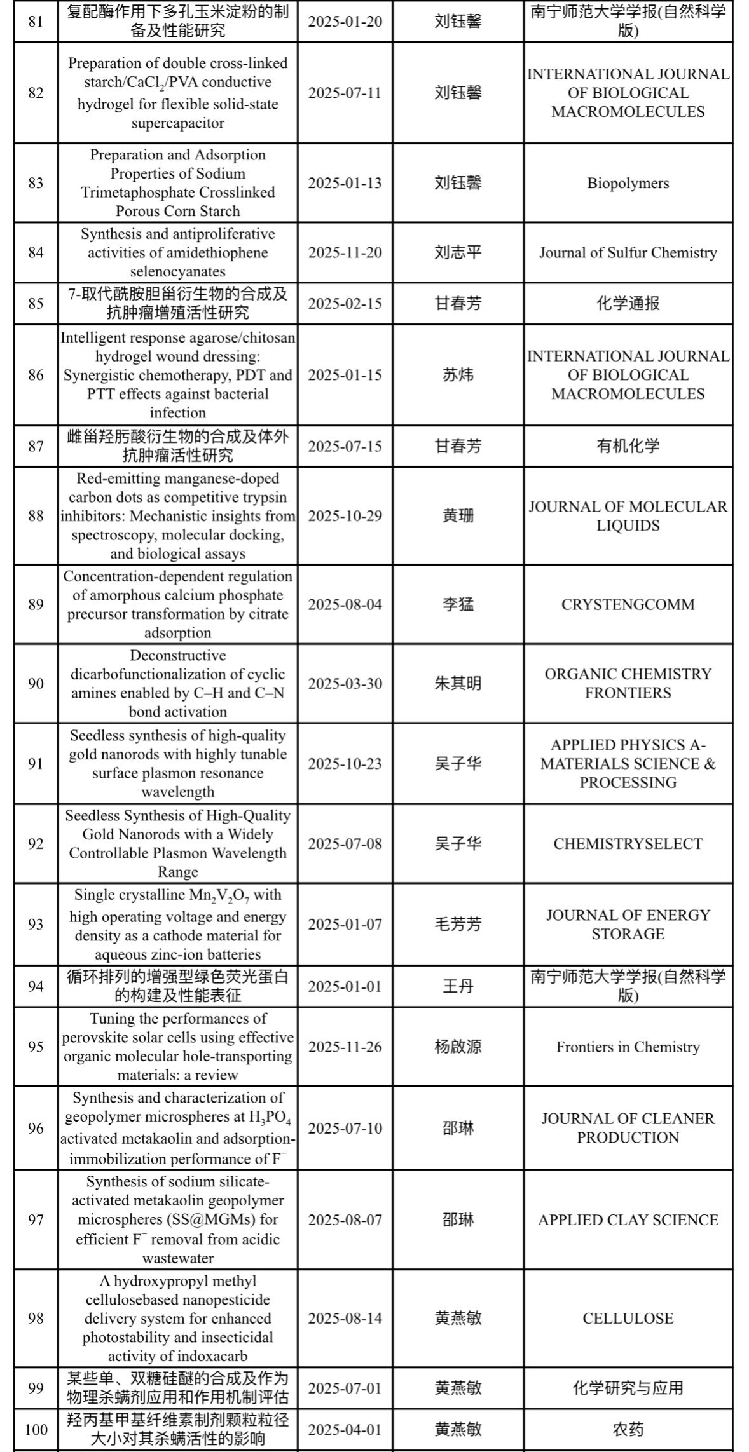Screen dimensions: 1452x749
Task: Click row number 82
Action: (36, 93)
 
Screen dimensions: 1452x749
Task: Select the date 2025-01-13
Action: (345, 183)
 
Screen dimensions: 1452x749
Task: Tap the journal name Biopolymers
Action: (628, 183)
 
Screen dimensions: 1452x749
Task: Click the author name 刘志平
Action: (458, 252)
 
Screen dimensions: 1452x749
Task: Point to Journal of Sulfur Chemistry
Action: (628, 252)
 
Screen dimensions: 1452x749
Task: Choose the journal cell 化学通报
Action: (628, 303)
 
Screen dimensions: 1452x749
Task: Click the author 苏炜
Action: (458, 375)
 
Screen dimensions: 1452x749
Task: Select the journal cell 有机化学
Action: (628, 446)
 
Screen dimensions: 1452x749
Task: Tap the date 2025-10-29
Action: (345, 515)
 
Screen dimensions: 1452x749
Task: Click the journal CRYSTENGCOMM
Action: (628, 604)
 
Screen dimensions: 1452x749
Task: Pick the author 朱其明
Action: (458, 683)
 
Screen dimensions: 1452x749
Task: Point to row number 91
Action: (36, 763)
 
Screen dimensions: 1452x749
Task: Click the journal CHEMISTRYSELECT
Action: (628, 843)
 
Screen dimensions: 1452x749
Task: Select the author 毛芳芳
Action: (458, 924)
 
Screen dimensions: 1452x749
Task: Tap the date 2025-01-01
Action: (345, 986)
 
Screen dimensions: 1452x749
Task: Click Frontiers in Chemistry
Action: (628, 1047)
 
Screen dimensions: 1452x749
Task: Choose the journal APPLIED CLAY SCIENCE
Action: (628, 1219)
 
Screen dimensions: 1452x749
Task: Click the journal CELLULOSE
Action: (628, 1318)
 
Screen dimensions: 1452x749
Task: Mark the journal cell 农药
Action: (628, 1429)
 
